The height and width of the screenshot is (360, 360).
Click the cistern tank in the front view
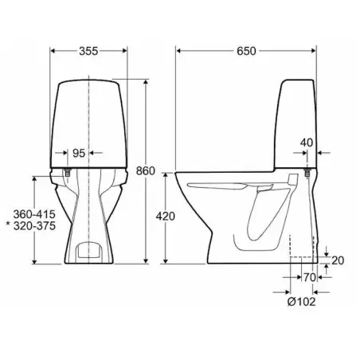[x=88, y=119]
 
